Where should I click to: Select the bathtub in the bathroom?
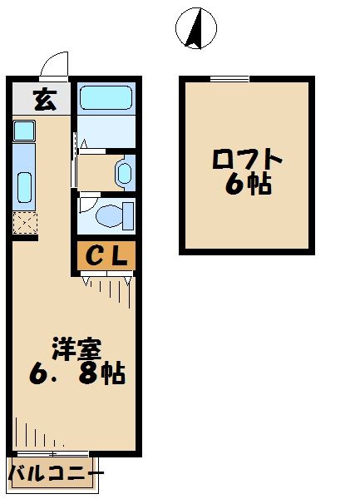tap(106, 98)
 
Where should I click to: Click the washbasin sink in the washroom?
tap(124, 173)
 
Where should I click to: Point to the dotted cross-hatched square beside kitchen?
tap(24, 223)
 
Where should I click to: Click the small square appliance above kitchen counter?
tap(23, 130)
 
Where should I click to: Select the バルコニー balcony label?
tap(55, 475)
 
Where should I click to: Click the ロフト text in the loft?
tap(247, 158)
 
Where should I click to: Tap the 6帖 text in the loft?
tap(247, 185)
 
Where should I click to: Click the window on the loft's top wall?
tap(229, 79)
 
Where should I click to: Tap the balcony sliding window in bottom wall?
tap(53, 452)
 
